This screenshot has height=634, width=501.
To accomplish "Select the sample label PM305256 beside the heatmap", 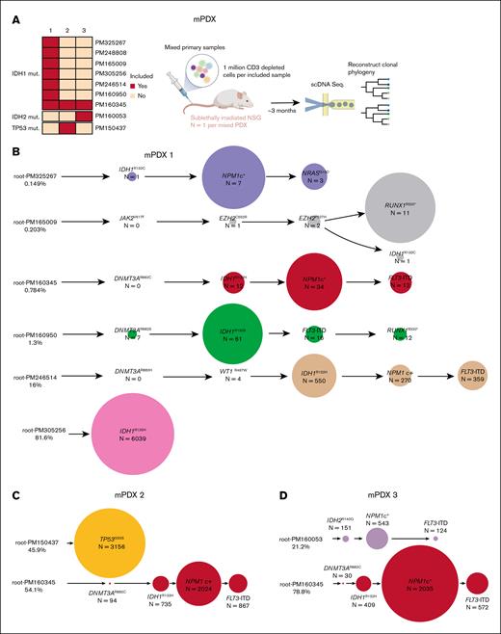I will pos(113,71).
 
